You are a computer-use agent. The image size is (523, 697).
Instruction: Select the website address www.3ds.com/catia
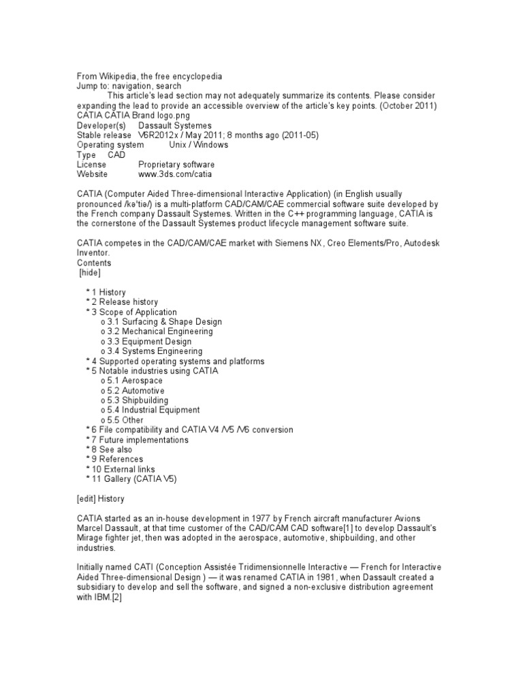174,174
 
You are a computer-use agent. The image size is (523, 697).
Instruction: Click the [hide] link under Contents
89,272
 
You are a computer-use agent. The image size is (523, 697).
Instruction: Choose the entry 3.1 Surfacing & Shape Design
164,321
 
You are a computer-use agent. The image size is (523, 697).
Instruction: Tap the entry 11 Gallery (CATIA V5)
134,479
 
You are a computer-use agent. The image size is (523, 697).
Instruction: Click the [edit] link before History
88,498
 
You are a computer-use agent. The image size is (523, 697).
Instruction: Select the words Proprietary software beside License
176,164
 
